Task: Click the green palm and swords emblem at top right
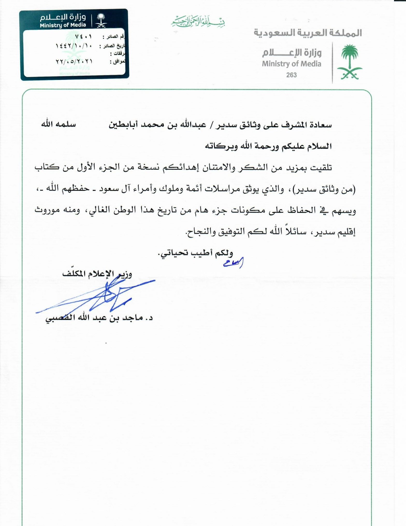350,62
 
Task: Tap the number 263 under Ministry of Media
291,75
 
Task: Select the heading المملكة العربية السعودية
308,33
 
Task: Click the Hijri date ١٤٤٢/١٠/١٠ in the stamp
74,46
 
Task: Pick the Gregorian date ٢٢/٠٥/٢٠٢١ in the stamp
74,62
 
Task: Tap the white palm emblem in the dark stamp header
101,20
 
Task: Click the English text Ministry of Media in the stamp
63,25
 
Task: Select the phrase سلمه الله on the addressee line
59,124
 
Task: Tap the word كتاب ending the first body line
47,167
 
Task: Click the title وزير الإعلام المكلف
97,274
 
